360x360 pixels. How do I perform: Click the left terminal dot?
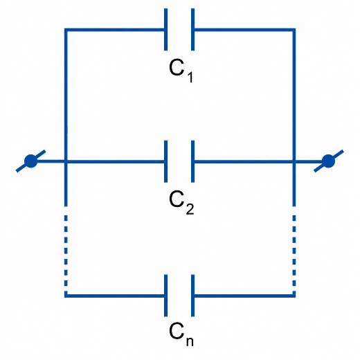tap(30, 161)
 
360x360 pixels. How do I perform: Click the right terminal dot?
tap(328, 161)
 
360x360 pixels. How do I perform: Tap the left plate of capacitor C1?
tap(165, 29)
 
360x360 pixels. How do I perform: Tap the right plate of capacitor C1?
tap(193, 29)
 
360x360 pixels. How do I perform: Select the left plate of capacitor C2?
tap(165, 161)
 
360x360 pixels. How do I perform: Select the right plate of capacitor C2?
tap(193, 161)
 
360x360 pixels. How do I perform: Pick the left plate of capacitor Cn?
tap(165, 296)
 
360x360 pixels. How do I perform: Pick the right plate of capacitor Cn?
tap(193, 296)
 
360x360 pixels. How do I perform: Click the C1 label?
tap(181, 71)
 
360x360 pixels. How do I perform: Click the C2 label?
tap(181, 202)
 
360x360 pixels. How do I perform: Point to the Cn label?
tap(181, 334)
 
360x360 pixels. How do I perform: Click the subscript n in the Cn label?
tap(190, 342)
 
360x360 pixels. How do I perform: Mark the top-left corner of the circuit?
tap(66, 30)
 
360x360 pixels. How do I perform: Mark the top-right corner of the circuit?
tap(294, 30)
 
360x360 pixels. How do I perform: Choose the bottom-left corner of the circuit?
tap(66, 296)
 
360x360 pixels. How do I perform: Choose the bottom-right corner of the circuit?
tap(294, 296)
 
